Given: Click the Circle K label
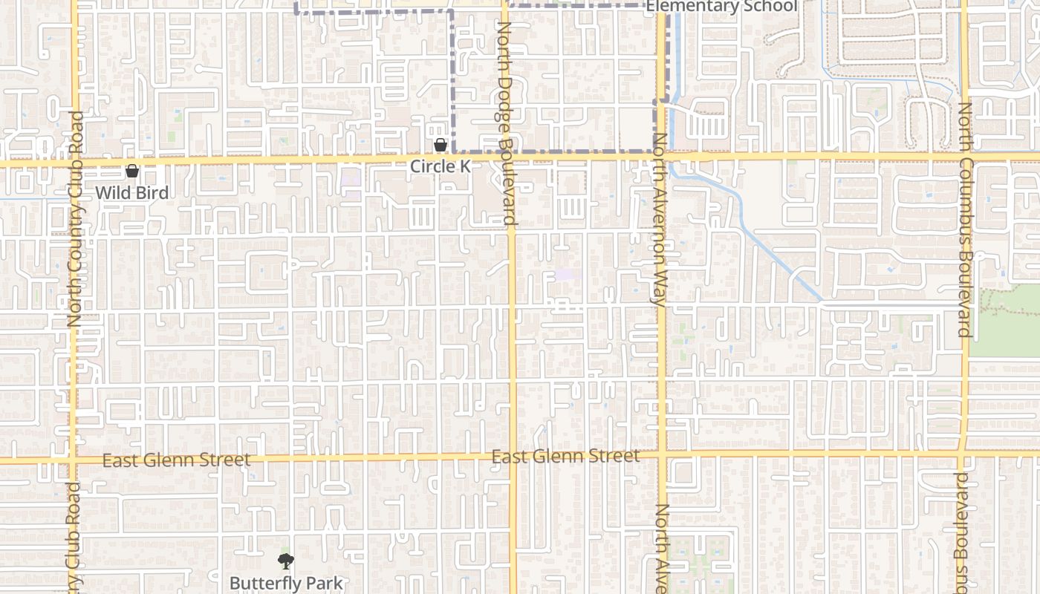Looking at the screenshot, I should (441, 166).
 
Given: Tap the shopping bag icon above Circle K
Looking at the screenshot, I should (441, 144).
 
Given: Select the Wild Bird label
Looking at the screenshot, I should (131, 193).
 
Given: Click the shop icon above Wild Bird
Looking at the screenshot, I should (132, 171).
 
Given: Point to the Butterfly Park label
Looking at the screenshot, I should (286, 583).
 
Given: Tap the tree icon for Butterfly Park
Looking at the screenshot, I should (286, 561).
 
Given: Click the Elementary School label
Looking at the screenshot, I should (721, 7).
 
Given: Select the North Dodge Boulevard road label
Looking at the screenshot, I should (506, 123).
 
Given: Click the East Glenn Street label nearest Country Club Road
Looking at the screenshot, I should (176, 460).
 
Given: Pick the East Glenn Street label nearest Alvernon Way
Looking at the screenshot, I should (565, 456).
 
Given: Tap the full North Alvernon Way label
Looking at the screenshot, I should (658, 220).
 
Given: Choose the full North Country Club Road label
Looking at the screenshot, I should (74, 219).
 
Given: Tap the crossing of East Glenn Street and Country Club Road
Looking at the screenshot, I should (73, 460).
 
